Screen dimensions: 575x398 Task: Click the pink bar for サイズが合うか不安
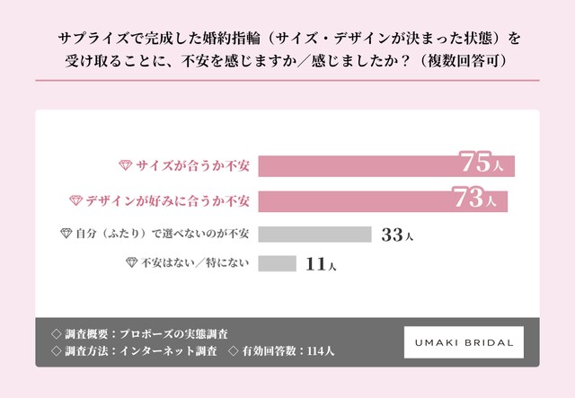tap(386, 166)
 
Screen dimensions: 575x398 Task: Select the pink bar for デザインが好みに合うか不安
tap(383, 201)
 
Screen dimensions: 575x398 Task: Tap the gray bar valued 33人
tap(314, 234)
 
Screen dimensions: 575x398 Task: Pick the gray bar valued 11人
tap(277, 263)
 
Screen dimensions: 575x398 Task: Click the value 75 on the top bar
tap(475, 162)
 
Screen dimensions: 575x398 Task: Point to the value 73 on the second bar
tap(469, 198)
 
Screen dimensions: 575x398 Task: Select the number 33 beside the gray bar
tap(392, 234)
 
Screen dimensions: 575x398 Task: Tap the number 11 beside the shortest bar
tap(315, 264)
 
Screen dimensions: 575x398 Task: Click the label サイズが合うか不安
tap(193, 166)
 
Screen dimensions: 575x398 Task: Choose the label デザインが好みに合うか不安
tap(168, 201)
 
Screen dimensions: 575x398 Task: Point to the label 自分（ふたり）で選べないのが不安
tap(162, 234)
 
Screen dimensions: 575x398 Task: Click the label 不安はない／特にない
tap(195, 262)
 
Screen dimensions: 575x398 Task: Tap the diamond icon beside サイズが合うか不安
tap(126, 165)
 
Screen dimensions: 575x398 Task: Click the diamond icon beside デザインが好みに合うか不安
tap(75, 200)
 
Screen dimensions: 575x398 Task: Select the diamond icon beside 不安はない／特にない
tap(132, 262)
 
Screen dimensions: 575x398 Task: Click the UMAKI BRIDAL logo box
tap(464, 342)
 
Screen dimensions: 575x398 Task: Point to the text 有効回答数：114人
tap(287, 351)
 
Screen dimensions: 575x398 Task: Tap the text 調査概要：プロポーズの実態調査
tap(146, 334)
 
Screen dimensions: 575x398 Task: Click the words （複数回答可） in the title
tap(464, 61)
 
